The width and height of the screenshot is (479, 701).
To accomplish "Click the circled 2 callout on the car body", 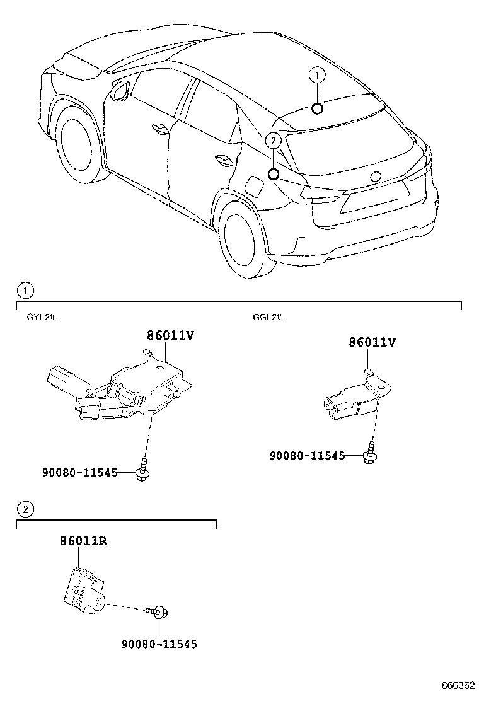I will click(273, 141).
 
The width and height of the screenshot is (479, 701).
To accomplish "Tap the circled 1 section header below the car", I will click(25, 291).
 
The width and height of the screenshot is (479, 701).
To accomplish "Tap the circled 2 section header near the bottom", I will click(25, 509).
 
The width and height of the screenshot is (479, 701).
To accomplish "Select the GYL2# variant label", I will click(42, 317).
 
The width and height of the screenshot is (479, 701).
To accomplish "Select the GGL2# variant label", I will click(267, 317).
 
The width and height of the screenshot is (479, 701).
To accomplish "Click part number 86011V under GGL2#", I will click(372, 342).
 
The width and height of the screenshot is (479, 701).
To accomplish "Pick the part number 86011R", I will click(83, 540).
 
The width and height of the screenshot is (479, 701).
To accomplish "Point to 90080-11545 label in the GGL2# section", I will click(307, 455).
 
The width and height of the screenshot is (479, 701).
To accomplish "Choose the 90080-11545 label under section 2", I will click(159, 644).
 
